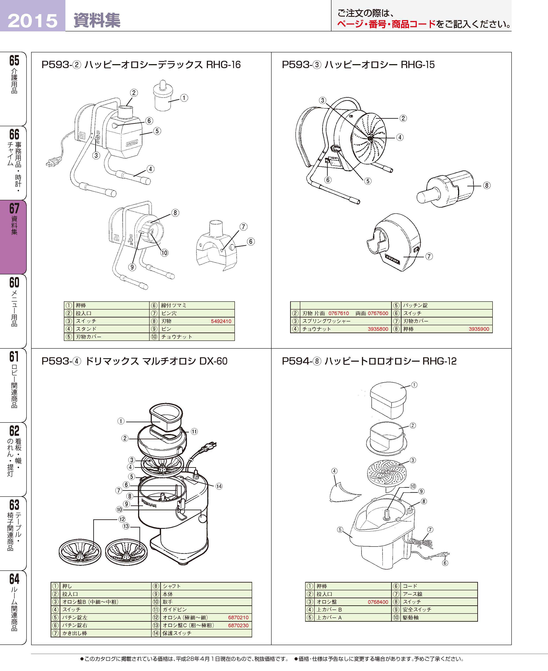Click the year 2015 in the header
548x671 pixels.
tap(32, 21)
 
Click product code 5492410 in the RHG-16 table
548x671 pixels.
tap(221, 321)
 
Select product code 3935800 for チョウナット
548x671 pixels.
tap(378, 329)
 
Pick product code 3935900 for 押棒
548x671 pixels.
tap(479, 329)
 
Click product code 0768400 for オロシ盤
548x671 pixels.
tap(378, 602)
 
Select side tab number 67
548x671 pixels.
tap(14, 208)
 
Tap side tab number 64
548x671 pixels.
tap(14, 579)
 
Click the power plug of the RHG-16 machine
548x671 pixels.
tap(52, 162)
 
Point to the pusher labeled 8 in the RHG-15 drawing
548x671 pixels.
tap(445, 189)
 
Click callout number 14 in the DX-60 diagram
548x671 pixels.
tap(219, 486)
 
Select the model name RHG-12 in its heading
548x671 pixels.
tap(440, 361)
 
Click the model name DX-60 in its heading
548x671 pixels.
tap(213, 361)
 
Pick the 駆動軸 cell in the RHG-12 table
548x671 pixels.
tap(410, 617)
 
